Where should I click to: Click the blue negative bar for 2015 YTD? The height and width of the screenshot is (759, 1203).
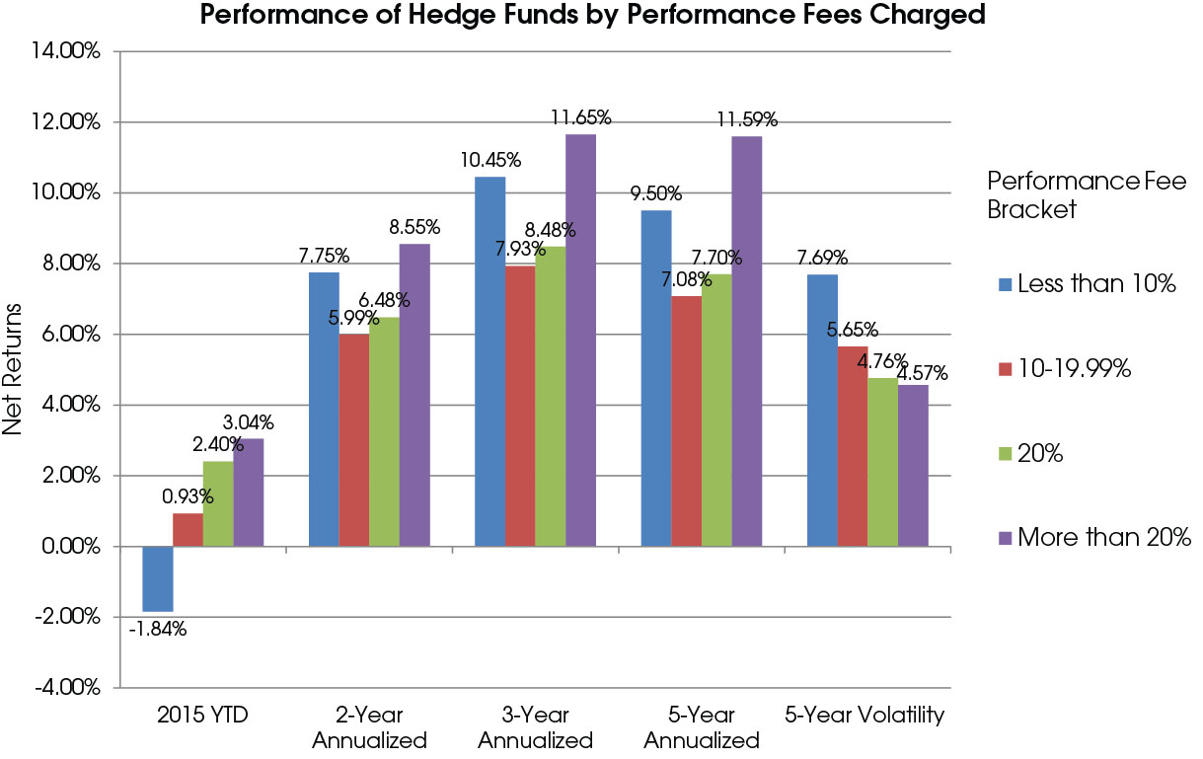point(158,578)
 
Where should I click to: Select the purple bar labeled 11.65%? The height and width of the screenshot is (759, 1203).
point(580,340)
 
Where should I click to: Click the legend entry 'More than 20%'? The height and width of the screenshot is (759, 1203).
point(1090,537)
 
